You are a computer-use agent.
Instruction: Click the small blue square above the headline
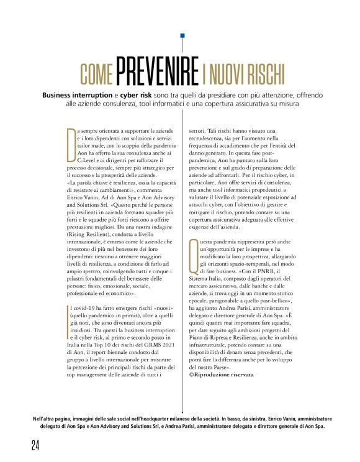point(182,37)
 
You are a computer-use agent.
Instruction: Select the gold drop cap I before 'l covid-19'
point(68,313)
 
